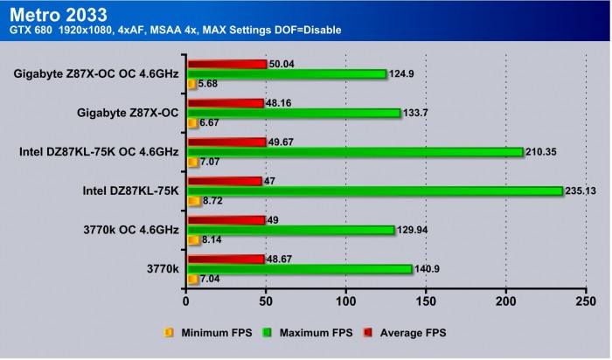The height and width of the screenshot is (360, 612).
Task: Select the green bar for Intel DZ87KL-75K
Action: (x=374, y=190)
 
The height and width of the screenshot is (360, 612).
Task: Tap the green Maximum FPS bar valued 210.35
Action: (x=354, y=152)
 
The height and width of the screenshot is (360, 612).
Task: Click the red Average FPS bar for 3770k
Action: (x=225, y=259)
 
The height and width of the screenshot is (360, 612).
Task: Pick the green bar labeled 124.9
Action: (x=286, y=74)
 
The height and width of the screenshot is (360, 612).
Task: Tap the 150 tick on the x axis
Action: (x=426, y=301)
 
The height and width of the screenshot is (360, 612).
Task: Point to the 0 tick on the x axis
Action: (x=186, y=301)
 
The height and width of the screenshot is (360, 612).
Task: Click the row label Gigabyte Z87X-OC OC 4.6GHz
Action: (x=96, y=74)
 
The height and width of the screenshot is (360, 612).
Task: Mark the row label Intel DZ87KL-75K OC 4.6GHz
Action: (x=99, y=152)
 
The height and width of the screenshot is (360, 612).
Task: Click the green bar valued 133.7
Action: (x=293, y=113)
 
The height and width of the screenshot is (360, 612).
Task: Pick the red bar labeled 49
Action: (x=226, y=219)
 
